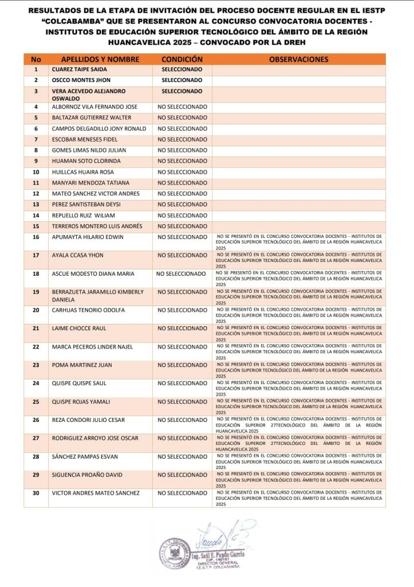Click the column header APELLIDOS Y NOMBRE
100,59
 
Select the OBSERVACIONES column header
298,59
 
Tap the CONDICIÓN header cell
182,59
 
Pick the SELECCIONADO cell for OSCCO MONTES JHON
182,80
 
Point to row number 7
36,139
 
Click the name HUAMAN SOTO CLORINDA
86,161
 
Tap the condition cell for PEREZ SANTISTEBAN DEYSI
182,205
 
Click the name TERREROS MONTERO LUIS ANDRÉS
97,226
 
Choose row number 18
36,274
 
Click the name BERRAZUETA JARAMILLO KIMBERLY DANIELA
97,296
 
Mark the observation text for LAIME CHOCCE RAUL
298,333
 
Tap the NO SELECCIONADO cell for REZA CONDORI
182,420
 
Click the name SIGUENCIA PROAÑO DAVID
87,475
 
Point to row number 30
36,493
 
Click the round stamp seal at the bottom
175,553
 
